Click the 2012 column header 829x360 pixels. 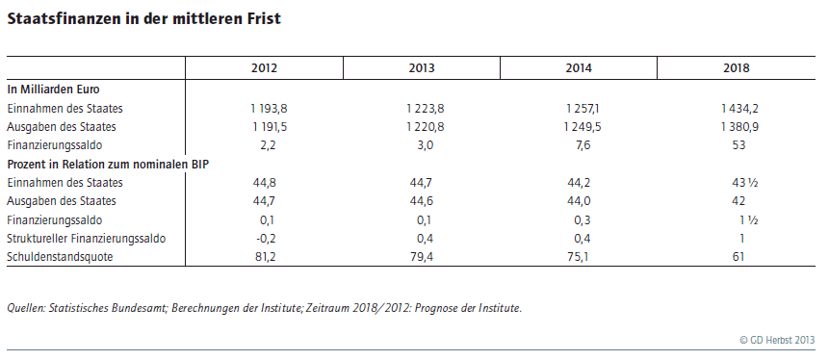pos(264,68)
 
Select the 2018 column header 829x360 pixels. pos(737,68)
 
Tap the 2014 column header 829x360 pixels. pos(579,68)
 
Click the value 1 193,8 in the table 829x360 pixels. pos(269,109)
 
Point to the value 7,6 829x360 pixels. pos(583,145)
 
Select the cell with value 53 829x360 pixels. pos(738,145)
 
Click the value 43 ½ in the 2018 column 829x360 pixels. pos(745,183)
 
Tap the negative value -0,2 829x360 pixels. pos(266,239)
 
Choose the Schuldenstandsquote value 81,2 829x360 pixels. pos(265,257)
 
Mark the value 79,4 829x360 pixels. pos(422,257)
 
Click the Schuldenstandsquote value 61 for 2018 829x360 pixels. pos(738,257)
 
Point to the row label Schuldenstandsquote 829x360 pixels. pos(60,257)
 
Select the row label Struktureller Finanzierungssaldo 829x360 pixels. pos(87,239)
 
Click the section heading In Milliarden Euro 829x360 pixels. pos(53,90)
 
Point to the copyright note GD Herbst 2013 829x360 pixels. pos(777,341)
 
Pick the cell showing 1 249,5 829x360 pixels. pos(583,127)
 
